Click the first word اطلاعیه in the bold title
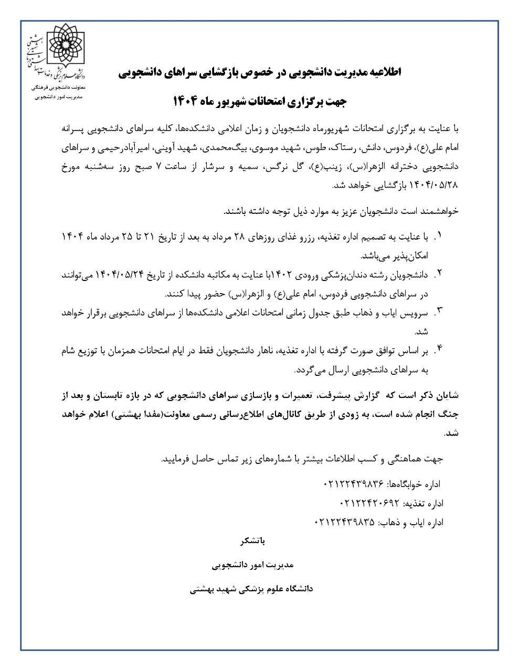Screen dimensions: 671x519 pos(382,73)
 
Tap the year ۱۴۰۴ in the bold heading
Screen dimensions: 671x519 pos(187,100)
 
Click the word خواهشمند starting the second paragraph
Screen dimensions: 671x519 pos(438,211)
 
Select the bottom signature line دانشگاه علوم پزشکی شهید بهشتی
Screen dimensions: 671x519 pos(251,589)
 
